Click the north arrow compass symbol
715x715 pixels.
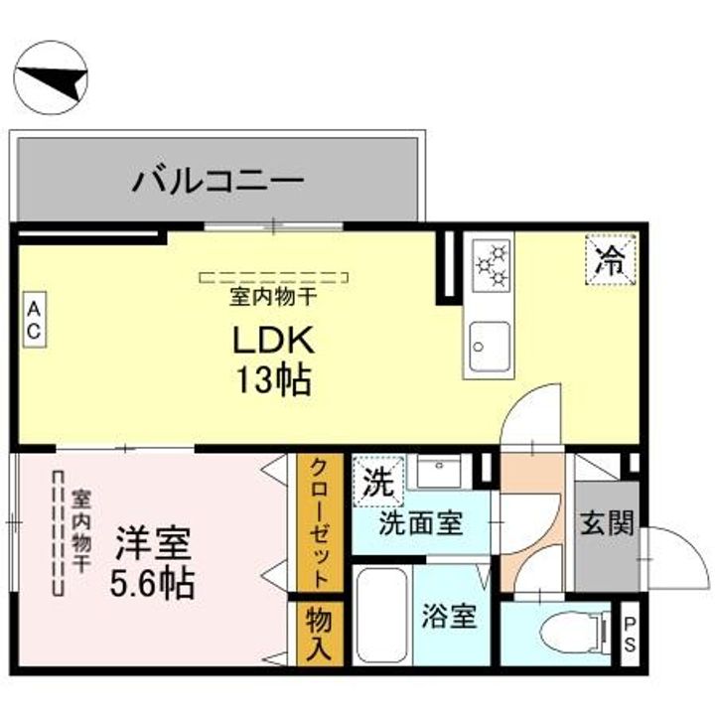(51, 77)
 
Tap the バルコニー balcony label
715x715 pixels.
(217, 181)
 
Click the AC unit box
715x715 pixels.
(35, 320)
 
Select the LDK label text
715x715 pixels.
(274, 340)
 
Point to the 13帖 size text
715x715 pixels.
(274, 379)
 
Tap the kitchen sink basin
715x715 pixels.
(490, 347)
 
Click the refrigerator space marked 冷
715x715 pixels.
(611, 259)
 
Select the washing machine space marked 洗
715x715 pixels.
(378, 482)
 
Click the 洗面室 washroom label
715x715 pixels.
(421, 523)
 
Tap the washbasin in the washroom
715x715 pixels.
(440, 471)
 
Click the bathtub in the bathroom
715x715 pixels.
(382, 615)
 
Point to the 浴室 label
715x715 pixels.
(449, 616)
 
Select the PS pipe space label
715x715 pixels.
(630, 634)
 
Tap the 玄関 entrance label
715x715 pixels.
(607, 523)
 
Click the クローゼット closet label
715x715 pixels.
(319, 523)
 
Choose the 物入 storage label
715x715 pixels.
(319, 635)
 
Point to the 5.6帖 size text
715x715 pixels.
(152, 583)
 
